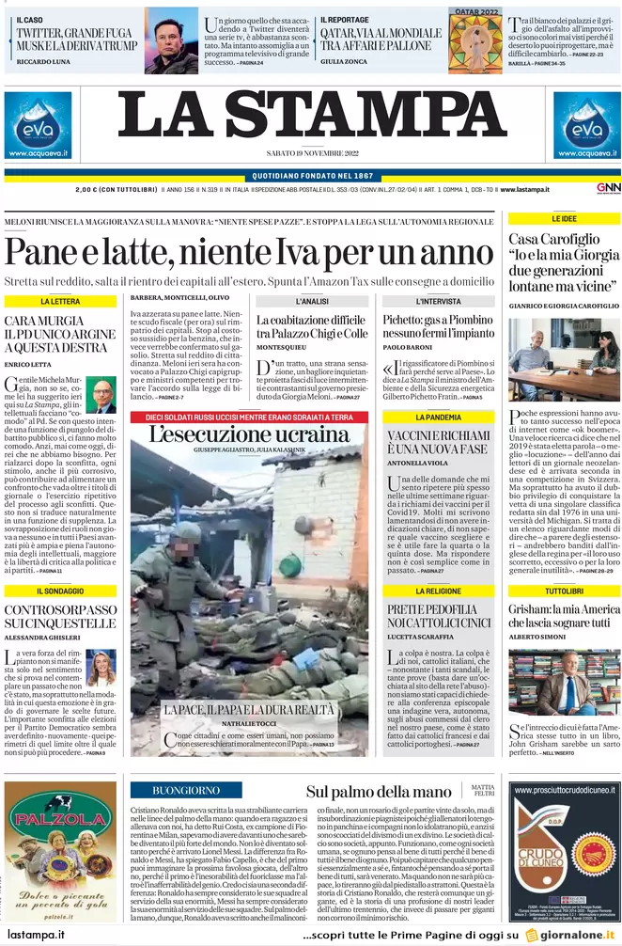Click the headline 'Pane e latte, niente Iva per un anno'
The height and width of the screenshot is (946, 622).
[236, 252]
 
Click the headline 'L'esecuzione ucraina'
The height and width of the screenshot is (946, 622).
[249, 434]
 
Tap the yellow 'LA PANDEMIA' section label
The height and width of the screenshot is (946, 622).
[438, 417]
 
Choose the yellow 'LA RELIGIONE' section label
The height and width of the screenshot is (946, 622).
[438, 591]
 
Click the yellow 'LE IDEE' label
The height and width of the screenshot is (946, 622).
[564, 218]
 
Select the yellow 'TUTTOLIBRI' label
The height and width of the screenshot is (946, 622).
[564, 591]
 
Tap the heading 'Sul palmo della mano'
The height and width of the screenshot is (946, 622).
[379, 792]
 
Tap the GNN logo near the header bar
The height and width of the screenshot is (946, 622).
[608, 188]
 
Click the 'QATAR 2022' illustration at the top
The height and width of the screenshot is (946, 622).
[475, 39]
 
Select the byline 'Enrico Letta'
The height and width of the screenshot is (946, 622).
[28, 364]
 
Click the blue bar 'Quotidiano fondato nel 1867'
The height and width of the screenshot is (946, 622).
[311, 176]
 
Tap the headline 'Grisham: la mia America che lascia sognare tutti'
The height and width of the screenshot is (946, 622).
[564, 616]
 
